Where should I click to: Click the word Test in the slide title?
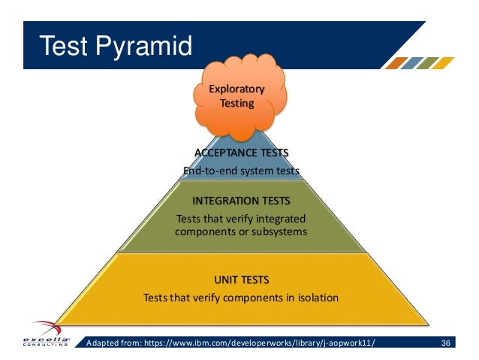click(61, 47)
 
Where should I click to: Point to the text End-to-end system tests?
click(241, 171)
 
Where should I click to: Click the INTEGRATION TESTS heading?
click(241, 202)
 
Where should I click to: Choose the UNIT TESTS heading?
click(241, 280)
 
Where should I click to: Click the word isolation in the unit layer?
click(315, 298)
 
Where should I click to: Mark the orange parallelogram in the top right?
click(396, 63)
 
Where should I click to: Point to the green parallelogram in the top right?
click(429, 63)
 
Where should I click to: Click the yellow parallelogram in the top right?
click(446, 63)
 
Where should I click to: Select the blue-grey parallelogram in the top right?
click(413, 63)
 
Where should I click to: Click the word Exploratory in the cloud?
click(236, 89)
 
